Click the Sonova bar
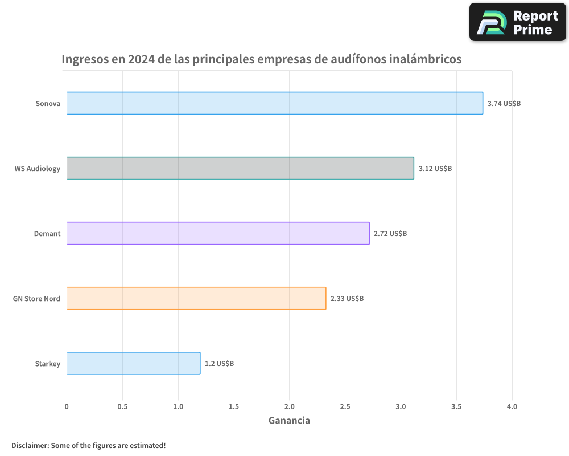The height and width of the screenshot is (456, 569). pos(274,103)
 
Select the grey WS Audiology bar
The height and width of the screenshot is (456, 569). pos(240,168)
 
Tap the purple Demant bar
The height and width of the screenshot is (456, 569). pos(218,233)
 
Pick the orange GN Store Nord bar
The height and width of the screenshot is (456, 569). pos(196,298)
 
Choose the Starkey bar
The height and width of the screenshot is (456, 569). pos(133,363)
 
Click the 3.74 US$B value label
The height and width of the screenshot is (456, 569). pos(504,104)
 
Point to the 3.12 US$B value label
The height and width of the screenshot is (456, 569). pos(435,169)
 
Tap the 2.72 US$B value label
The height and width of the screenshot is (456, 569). pos(390,234)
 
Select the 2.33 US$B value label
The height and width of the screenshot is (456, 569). pos(347,299)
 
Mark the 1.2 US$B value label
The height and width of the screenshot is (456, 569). pos(219,364)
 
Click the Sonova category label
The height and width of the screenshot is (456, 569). pos(48,104)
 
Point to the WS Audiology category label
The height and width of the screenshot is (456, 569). pos(38,169)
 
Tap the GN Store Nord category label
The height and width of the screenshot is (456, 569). pos(36,299)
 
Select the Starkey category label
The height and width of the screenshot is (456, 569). pos(47,364)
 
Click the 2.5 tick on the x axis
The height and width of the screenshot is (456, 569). pos(345,406)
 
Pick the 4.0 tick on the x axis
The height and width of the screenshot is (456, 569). pos(512,406)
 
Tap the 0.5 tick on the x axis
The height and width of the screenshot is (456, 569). pos(122,406)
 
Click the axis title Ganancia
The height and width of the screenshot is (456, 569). pos(289,421)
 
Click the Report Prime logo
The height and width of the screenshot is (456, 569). pos(518,22)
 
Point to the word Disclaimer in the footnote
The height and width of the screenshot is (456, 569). pos(29,445)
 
